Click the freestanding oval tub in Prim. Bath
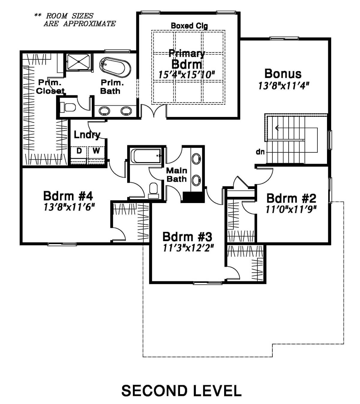pos(115,68)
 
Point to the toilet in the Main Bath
pos(154,190)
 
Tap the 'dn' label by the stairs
pos(260,152)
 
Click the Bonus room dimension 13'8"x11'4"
pos(283,86)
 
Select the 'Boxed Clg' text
pos(189,26)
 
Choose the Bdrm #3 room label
pos(187,237)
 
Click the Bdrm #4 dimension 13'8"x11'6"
pos(69,207)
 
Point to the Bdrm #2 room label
pos(291,198)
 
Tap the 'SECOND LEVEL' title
pos(181,391)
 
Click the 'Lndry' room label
pos(87,135)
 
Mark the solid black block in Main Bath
pos(194,197)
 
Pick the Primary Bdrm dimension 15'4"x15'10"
pos(187,75)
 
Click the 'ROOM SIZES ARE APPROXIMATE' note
pos(75,20)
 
